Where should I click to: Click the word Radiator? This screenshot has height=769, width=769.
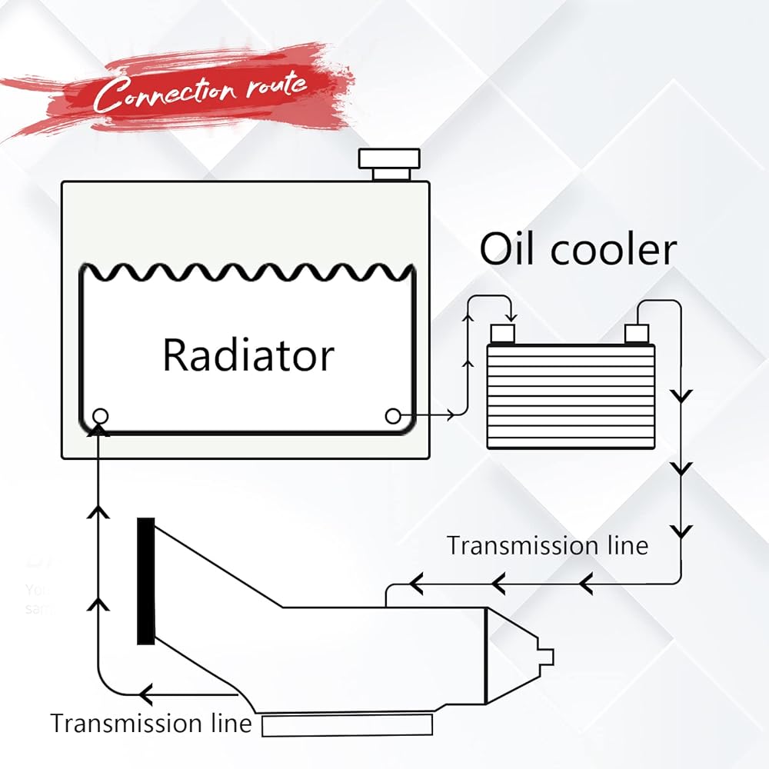tap(248, 355)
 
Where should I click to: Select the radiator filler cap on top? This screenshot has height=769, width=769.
tap(391, 160)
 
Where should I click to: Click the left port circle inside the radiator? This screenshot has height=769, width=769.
tap(100, 416)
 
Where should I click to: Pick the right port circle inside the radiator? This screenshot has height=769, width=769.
tap(393, 416)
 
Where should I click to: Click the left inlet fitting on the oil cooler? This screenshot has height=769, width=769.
tap(503, 333)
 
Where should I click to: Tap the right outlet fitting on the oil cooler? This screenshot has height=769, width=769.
tap(638, 333)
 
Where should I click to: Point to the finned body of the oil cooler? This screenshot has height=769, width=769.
tap(571, 396)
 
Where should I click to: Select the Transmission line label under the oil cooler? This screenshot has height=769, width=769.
tap(548, 545)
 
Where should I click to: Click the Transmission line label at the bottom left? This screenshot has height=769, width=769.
tap(151, 724)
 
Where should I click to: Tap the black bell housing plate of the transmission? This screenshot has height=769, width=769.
tap(145, 581)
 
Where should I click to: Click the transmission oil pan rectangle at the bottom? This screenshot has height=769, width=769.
tap(347, 725)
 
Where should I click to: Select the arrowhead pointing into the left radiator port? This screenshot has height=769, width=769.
tap(98, 429)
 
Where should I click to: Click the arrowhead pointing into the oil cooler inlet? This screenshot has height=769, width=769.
tap(511, 318)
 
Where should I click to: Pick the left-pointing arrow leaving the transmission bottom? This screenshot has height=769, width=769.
tap(146, 694)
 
